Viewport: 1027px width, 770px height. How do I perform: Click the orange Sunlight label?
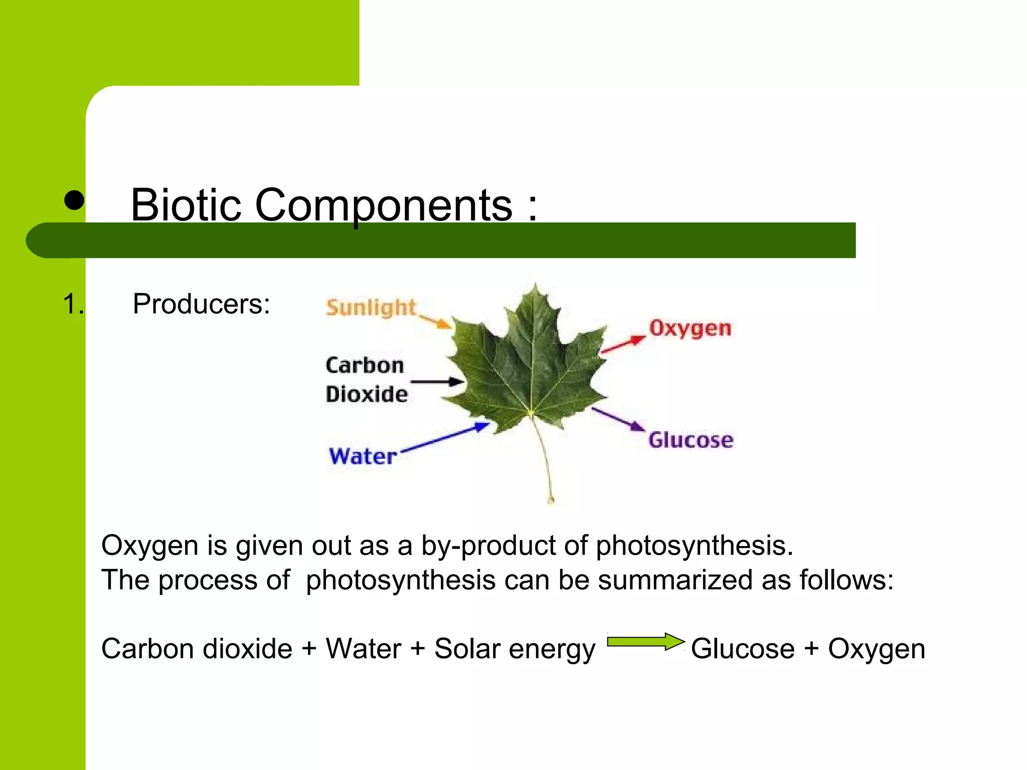371,307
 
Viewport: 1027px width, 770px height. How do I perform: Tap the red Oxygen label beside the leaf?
690,329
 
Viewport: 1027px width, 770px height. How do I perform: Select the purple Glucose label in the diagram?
691,440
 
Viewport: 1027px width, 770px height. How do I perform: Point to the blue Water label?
363,456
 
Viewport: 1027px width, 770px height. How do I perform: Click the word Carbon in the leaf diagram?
365,365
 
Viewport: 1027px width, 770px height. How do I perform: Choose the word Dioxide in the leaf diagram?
367,394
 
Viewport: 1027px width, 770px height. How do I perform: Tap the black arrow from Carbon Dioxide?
437,382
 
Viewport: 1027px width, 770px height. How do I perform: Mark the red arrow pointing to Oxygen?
623,344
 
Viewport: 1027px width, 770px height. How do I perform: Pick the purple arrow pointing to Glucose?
618,419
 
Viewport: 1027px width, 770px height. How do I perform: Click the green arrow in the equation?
646,642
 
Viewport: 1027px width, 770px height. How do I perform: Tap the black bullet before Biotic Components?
74,201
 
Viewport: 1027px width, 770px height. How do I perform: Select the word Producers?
201,304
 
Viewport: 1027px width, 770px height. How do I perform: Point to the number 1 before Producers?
71,304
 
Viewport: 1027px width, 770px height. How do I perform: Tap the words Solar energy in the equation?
515,649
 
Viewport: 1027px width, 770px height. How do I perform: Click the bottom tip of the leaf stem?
551,500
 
